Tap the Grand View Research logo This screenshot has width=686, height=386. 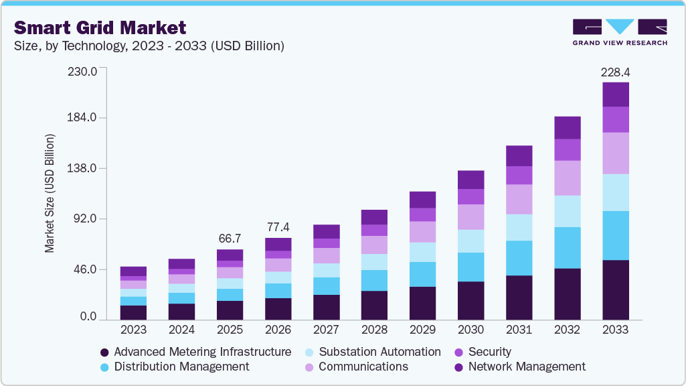pyautogui.click(x=620, y=32)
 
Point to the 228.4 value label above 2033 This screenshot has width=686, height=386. pyautogui.click(x=616, y=71)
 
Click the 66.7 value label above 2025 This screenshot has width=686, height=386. pyautogui.click(x=230, y=239)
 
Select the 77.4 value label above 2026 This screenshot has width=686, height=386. pyautogui.click(x=278, y=227)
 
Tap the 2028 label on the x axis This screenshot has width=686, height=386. pyautogui.click(x=375, y=330)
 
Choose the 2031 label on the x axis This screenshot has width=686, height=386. pyautogui.click(x=519, y=330)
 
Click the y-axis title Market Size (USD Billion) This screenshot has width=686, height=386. pyautogui.click(x=50, y=194)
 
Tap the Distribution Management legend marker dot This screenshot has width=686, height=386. pyautogui.click(x=104, y=367)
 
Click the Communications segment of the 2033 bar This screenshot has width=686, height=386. pyautogui.click(x=616, y=153)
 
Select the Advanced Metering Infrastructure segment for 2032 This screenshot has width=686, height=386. pyautogui.click(x=568, y=294)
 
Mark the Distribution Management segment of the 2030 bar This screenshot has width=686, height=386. pyautogui.click(x=471, y=267)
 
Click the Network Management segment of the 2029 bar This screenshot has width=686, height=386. pyautogui.click(x=423, y=200)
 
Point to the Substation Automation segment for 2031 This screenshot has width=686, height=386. pyautogui.click(x=519, y=227)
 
